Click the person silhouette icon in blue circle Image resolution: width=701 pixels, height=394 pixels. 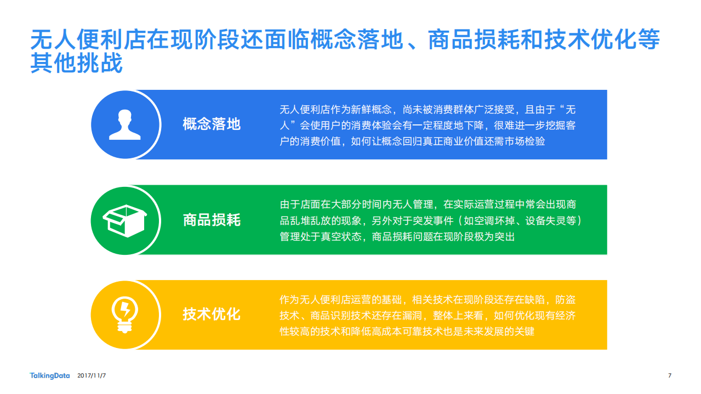coord(125,124)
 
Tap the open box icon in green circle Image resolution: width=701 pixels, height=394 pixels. coord(124,220)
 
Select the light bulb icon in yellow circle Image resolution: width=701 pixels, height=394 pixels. coord(124,315)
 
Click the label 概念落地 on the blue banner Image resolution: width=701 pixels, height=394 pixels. coord(212,124)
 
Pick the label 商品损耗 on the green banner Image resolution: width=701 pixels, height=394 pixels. coord(212,220)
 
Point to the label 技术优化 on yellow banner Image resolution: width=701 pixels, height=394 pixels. coord(212,315)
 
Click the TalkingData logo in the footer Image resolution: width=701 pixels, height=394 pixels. coord(50,375)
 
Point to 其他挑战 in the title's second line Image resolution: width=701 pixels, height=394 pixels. coord(77,64)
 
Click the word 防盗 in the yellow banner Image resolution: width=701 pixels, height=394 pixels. coord(565,300)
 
